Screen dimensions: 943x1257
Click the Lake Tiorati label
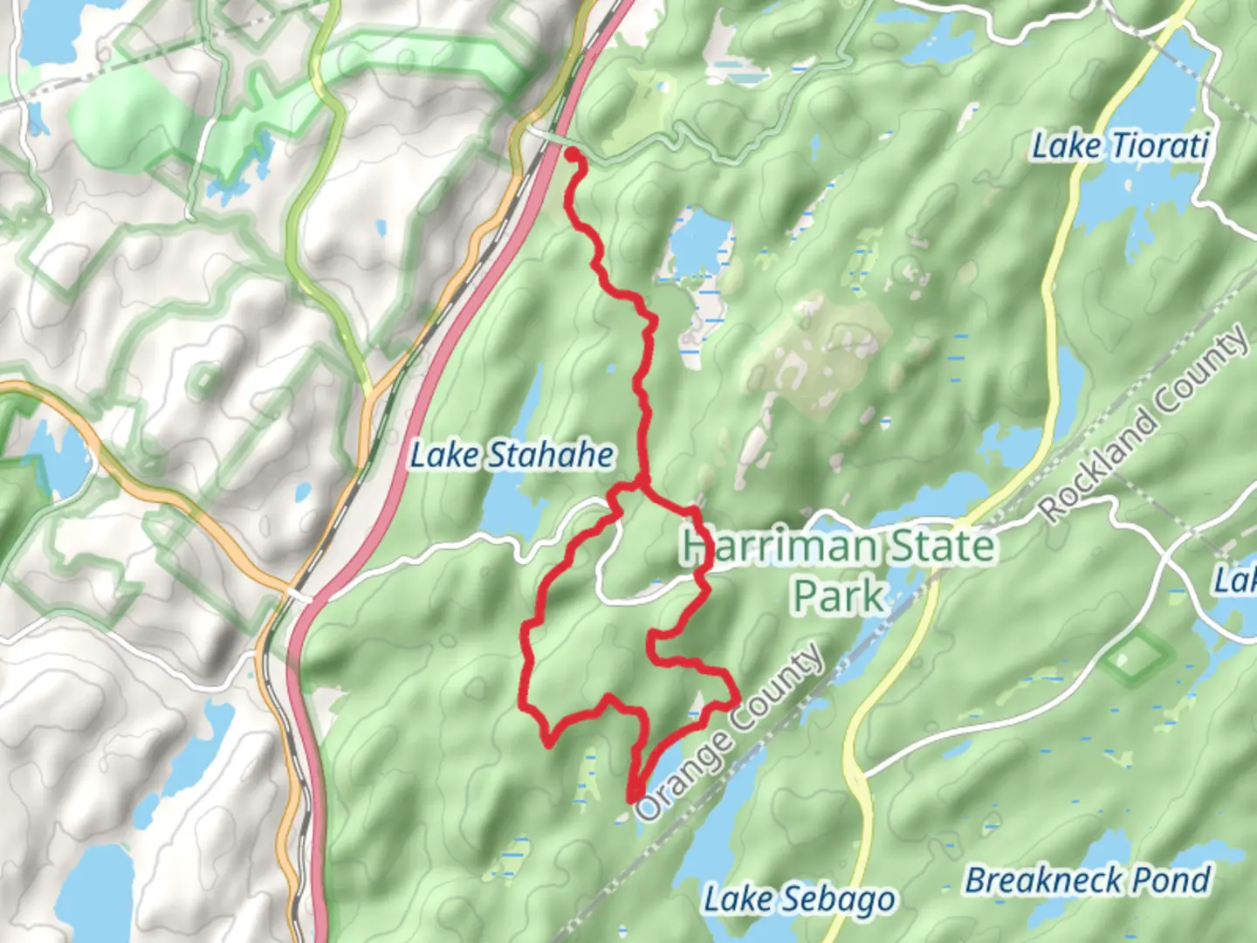[x=1120, y=146]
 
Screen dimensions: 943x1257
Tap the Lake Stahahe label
[x=512, y=455]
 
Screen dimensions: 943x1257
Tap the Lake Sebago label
[x=800, y=899]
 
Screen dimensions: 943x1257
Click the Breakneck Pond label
[x=1088, y=880]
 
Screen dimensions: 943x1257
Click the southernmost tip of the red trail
[x=631, y=798]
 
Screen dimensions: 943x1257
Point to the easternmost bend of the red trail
[x=738, y=699]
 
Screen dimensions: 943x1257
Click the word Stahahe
[x=550, y=455]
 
